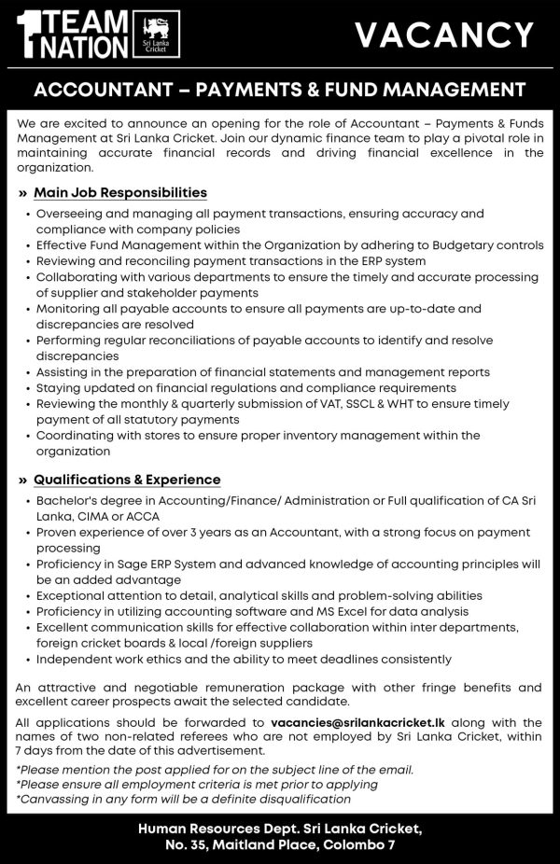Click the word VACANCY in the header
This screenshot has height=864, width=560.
[443, 35]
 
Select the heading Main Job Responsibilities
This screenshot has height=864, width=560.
[120, 193]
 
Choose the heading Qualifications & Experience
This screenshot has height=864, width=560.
[127, 480]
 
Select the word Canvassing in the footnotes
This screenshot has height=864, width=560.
[54, 799]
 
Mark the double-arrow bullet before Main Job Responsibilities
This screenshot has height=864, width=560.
[22, 194]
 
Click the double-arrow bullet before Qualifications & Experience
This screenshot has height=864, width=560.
[22, 481]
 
